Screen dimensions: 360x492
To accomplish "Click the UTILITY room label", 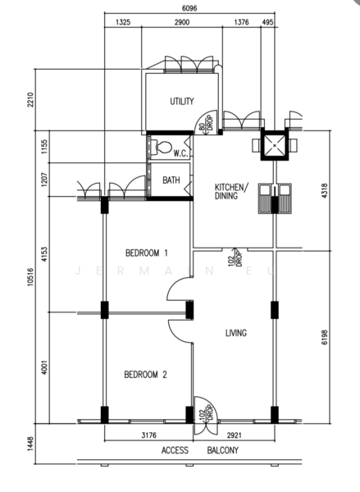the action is [182, 102].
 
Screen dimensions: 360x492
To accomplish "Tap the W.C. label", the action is [180, 153].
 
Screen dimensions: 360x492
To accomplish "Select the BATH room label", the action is [171, 180].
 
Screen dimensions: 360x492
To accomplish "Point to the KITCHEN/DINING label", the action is [231, 191].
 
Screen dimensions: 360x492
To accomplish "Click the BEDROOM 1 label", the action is [147, 253].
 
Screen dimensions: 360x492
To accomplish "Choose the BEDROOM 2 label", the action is [146, 375].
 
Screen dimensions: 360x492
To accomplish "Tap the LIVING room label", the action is [236, 333].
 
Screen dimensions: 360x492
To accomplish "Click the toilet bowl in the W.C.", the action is [162, 147].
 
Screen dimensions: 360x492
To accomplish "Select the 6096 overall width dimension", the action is [189, 8].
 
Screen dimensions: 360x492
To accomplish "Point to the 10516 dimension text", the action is [30, 277].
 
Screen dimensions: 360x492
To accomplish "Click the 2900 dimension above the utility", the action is [182, 22].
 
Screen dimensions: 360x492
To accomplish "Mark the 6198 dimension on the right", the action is [324, 337].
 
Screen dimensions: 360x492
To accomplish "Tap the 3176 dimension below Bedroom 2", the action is [148, 435].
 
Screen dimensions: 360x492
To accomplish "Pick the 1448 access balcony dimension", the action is [30, 444].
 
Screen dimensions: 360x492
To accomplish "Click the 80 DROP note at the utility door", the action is [206, 123].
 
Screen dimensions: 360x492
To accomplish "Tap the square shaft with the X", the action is [275, 145].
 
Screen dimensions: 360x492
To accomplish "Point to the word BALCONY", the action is [222, 450].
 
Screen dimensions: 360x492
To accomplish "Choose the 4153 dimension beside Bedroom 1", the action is [44, 254].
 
